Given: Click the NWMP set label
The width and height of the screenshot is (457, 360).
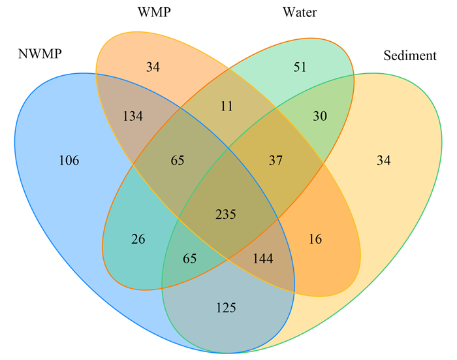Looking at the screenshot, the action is (40, 54).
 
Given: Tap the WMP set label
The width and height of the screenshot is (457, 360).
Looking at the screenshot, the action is (154, 12).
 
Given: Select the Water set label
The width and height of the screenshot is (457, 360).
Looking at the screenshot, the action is (300, 12).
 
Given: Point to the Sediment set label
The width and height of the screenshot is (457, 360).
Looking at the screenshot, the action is (410, 56).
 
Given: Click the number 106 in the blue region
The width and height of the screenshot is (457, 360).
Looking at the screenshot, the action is (69, 161).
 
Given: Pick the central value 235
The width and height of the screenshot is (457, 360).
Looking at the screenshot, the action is (226, 214).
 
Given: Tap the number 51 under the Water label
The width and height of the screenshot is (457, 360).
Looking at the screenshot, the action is (300, 67).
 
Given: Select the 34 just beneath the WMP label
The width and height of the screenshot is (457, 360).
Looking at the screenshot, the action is (153, 67).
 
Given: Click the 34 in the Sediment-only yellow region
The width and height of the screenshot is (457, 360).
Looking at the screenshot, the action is (384, 161).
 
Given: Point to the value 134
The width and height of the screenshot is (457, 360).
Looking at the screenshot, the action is (133, 116).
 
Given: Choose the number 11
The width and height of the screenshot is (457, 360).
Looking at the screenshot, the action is (227, 106).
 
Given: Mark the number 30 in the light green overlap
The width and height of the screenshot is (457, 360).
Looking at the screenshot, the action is (320, 116).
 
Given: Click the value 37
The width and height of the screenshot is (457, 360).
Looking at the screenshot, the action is (276, 161).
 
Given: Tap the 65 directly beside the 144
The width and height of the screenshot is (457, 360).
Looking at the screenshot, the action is (190, 259).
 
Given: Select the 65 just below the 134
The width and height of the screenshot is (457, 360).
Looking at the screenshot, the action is (178, 161).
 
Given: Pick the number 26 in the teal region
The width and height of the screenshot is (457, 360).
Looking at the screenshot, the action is (138, 239).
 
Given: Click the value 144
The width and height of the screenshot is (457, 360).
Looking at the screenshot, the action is (263, 259).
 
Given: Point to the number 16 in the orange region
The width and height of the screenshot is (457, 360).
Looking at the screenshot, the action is (315, 239).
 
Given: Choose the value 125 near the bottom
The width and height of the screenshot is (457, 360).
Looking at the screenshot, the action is (226, 308).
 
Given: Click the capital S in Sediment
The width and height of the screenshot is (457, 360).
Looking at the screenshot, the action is (387, 56).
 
